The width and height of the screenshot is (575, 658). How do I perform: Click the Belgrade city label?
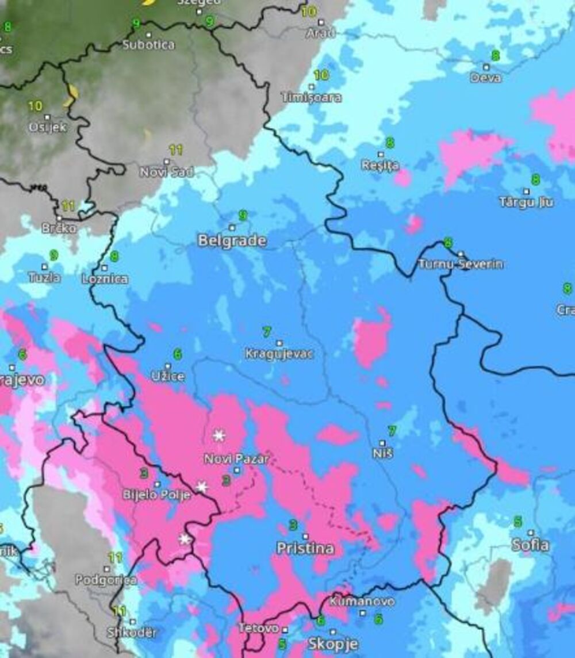pyautogui.click(x=232, y=241)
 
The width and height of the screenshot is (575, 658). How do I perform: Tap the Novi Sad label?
pyautogui.click(x=166, y=171)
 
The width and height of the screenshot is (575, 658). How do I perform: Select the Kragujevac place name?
pyautogui.click(x=279, y=354)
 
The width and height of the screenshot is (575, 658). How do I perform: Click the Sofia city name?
pyautogui.click(x=530, y=545)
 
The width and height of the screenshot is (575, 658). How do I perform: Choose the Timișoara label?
pyautogui.click(x=311, y=97)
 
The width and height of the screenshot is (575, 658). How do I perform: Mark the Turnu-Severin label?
pyautogui.click(x=460, y=264)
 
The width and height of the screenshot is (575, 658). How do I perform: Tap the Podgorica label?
pyautogui.click(x=106, y=580)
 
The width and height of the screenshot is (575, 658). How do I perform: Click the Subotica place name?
pyautogui.click(x=148, y=44)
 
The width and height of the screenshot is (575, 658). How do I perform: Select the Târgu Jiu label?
pyautogui.click(x=526, y=202)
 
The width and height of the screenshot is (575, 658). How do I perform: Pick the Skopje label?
pyautogui.click(x=333, y=643)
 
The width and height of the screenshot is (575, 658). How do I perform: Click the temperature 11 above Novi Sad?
pyautogui.click(x=175, y=150)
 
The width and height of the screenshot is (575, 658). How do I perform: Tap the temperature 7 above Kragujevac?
pyautogui.click(x=266, y=332)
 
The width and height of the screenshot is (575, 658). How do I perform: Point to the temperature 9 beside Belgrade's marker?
pyautogui.click(x=243, y=216)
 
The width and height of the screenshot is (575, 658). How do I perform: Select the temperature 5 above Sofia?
pyautogui.click(x=517, y=522)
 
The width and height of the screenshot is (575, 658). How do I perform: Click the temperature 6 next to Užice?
pyautogui.click(x=178, y=354)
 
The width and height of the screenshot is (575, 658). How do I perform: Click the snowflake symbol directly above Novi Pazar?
pyautogui.click(x=218, y=435)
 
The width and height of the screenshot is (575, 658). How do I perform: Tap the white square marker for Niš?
pyautogui.click(x=382, y=443)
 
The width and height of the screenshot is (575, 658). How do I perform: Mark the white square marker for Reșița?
pyautogui.click(x=380, y=154)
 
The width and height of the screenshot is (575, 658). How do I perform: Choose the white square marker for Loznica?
pyautogui.click(x=104, y=267)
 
